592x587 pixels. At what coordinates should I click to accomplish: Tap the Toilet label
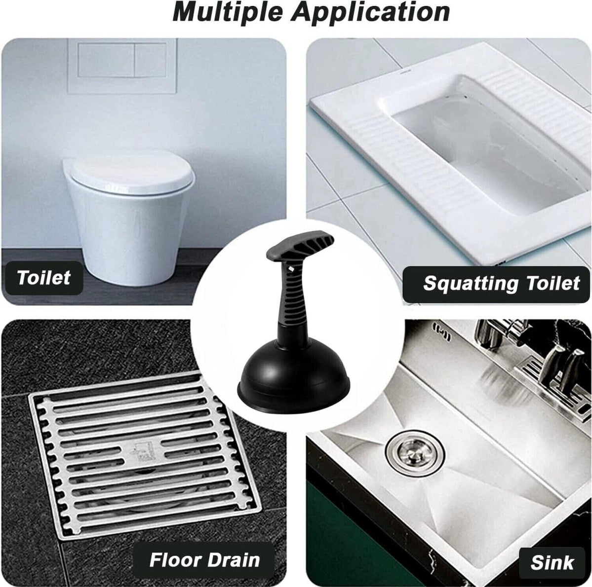click(44, 277)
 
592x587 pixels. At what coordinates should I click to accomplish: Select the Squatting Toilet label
click(501, 283)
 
